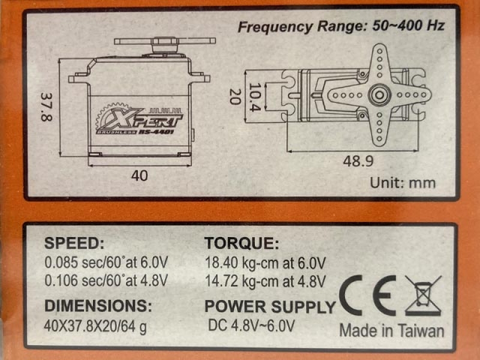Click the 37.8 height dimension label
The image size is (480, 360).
[x=46, y=107]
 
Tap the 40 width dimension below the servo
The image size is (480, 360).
[x=140, y=176]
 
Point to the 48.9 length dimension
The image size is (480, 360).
[x=358, y=161]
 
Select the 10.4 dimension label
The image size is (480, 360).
[x=254, y=97]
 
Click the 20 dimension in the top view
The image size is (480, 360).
[x=235, y=97]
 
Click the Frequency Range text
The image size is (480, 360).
[x=341, y=26]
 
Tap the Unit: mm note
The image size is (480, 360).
[x=403, y=183]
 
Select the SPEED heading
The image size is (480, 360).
[x=74, y=244]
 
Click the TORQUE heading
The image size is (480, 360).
[x=242, y=244]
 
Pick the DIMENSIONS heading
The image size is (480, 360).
[x=98, y=306]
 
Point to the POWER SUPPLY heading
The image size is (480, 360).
[x=270, y=307]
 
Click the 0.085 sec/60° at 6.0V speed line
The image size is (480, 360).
[x=106, y=262]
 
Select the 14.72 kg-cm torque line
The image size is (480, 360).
[x=265, y=281]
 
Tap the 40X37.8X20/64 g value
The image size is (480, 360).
[x=95, y=326]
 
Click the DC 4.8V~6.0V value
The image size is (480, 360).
[x=251, y=326]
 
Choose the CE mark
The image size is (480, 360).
[x=368, y=295]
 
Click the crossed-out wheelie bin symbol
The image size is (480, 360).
[x=424, y=295]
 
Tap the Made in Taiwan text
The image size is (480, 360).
[x=392, y=331]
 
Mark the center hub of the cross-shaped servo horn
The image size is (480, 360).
[x=380, y=95]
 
